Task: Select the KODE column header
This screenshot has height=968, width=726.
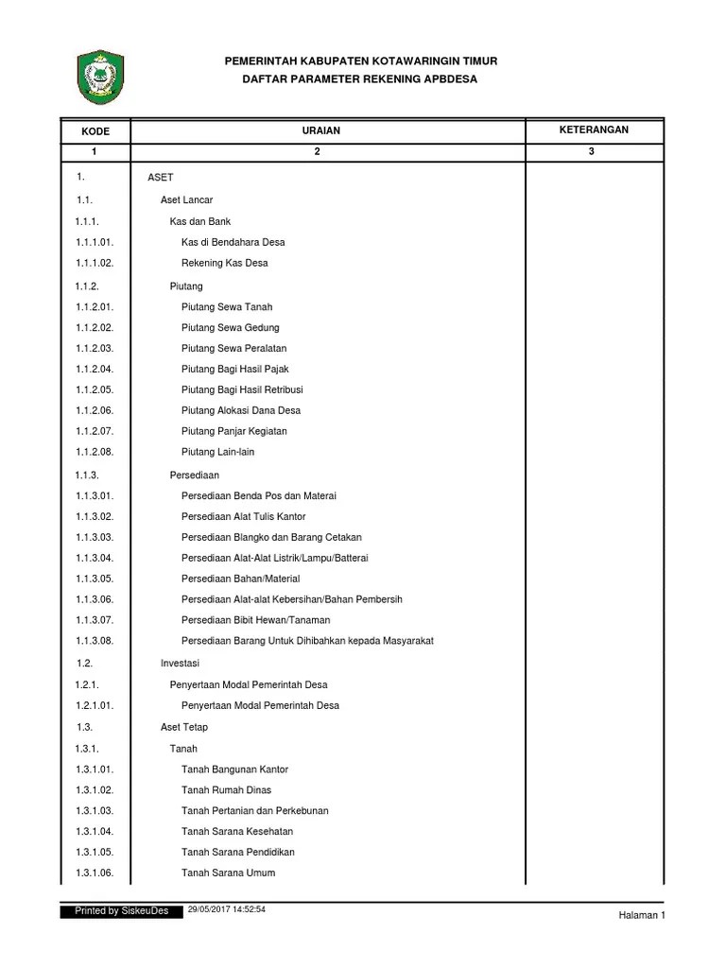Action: (x=95, y=130)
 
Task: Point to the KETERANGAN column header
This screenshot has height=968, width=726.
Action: (x=592, y=129)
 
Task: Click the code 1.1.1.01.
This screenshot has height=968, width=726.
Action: (x=95, y=242)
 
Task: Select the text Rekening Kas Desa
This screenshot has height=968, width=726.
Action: (x=224, y=263)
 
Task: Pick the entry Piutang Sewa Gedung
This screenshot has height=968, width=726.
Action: (x=231, y=327)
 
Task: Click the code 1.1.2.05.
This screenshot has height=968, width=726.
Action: (x=95, y=389)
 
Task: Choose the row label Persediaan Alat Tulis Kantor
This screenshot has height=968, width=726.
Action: (x=243, y=516)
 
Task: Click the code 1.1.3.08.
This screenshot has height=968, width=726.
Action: (x=95, y=641)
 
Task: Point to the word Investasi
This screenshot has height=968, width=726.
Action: (x=180, y=663)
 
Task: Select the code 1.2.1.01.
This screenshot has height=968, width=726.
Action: (x=95, y=705)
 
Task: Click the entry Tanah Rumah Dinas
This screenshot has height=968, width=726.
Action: (x=227, y=789)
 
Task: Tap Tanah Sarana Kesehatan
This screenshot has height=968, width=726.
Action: (x=237, y=831)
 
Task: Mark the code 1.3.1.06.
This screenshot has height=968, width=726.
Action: (x=95, y=873)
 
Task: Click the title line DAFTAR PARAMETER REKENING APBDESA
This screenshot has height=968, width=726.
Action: (x=360, y=79)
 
